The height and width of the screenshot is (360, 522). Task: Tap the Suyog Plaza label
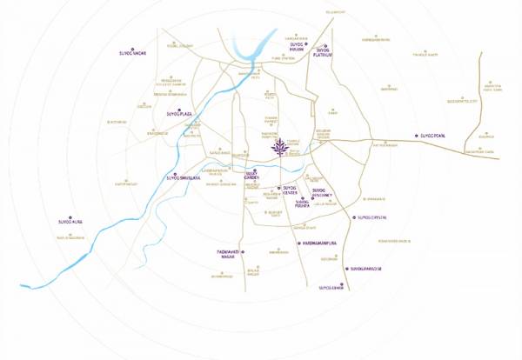tap(178, 113)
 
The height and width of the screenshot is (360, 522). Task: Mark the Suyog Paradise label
tap(365, 270)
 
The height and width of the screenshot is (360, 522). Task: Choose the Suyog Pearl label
tap(432, 137)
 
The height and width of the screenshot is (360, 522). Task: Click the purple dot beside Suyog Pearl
tap(415, 137)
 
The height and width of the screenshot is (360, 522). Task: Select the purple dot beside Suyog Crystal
tap(354, 217)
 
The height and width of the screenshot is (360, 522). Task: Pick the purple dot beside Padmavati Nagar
tap(244, 251)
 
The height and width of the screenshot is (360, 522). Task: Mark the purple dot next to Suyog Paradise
tap(347, 270)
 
